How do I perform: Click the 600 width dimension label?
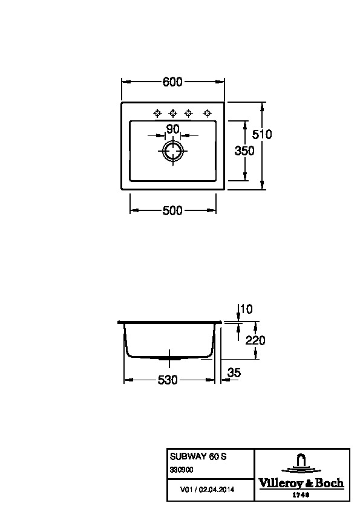(172, 82)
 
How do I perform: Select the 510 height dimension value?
(262, 134)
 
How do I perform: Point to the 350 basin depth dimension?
(244, 151)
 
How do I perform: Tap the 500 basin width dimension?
(172, 211)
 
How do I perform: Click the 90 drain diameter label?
(172, 129)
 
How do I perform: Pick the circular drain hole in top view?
(172, 151)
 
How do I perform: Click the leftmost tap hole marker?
(157, 113)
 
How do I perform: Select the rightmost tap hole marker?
(207, 113)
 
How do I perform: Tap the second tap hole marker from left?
(173, 113)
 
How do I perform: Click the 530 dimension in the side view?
(168, 380)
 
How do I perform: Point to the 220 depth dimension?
(255, 340)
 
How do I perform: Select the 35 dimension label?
(234, 372)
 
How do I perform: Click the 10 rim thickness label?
(247, 309)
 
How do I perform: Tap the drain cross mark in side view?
(169, 358)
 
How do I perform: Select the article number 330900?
(182, 470)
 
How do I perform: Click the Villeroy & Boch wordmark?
(301, 483)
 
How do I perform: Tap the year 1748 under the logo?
(301, 495)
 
